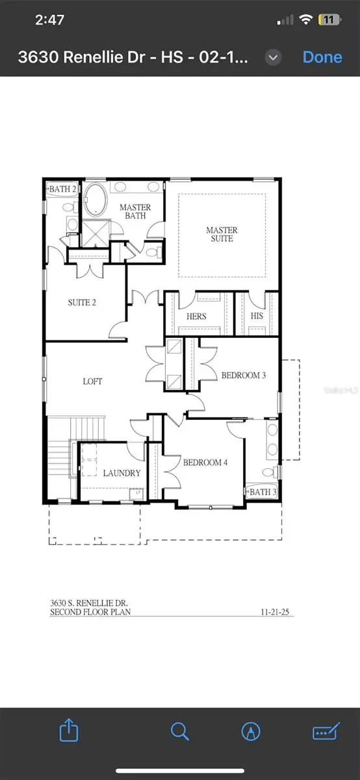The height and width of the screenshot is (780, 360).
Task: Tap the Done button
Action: point(322,57)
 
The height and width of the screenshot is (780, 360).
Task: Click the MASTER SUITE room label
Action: point(222,234)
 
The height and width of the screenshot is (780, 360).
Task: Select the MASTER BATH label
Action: point(135,212)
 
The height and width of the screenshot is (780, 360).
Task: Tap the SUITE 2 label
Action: point(83,302)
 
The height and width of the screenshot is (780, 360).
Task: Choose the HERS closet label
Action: point(196,317)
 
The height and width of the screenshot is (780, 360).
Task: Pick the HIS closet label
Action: point(257,317)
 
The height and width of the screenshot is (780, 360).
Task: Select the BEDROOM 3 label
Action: point(244,375)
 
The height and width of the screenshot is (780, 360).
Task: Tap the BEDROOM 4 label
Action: point(204,463)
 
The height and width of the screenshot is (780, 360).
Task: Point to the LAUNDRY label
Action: point(122,473)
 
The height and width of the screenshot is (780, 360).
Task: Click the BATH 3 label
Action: point(263,492)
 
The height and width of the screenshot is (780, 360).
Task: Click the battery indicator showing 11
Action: point(329,20)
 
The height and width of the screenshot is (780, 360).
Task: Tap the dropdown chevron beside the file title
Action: point(274,57)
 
